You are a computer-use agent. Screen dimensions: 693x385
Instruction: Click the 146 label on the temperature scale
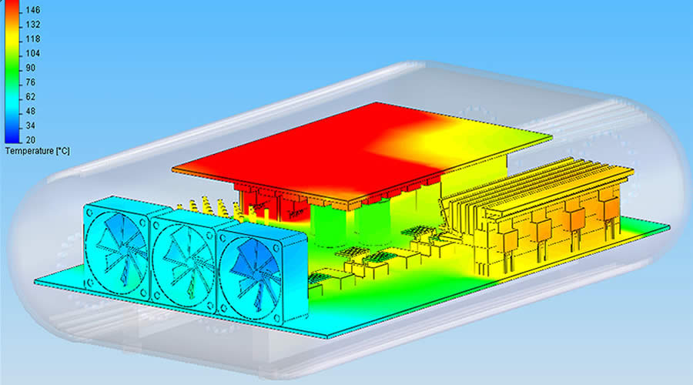(32, 10)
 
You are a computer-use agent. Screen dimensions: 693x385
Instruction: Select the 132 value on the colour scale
(32, 25)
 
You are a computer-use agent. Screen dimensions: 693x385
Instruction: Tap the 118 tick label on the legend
(32, 39)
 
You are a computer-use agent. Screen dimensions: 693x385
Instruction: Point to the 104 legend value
(32, 53)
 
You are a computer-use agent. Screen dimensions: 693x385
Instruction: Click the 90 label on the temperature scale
(31, 68)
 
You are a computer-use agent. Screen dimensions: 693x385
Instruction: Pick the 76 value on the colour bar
(31, 82)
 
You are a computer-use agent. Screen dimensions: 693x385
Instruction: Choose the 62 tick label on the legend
(31, 97)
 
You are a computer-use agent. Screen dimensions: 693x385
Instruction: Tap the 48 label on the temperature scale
(31, 112)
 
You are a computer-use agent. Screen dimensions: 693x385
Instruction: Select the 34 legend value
(31, 126)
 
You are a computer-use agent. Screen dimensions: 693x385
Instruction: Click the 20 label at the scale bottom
(31, 140)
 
